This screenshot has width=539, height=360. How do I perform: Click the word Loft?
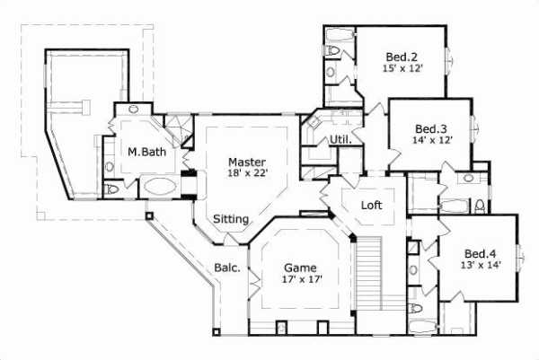point(371,206)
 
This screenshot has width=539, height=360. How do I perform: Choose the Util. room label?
point(340,139)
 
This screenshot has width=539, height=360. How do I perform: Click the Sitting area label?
point(231,218)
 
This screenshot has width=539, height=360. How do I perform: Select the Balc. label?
point(225,267)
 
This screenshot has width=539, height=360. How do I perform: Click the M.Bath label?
point(145,153)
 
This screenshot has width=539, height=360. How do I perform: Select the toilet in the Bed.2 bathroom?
point(331,72)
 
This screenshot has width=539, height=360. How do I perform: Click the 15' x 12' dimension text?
point(402,66)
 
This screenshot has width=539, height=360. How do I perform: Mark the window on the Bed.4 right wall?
point(518,260)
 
